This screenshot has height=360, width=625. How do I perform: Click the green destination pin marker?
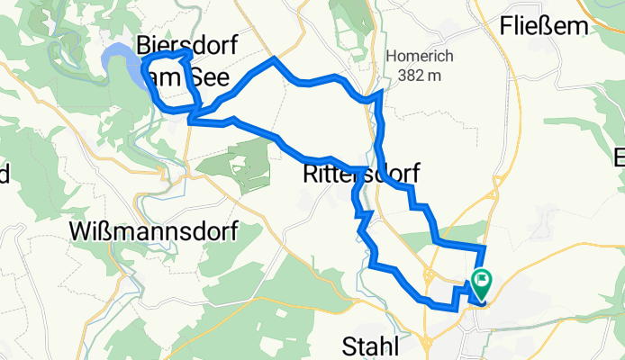pyautogui.click(x=481, y=284)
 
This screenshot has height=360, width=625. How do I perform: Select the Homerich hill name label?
pyautogui.click(x=420, y=56)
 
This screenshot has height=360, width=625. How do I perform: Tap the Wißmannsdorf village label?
pyautogui.click(x=153, y=232)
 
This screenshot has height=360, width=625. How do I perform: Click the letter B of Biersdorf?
pyautogui.click(x=144, y=45)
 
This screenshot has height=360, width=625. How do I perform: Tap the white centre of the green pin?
pyautogui.click(x=481, y=280)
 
